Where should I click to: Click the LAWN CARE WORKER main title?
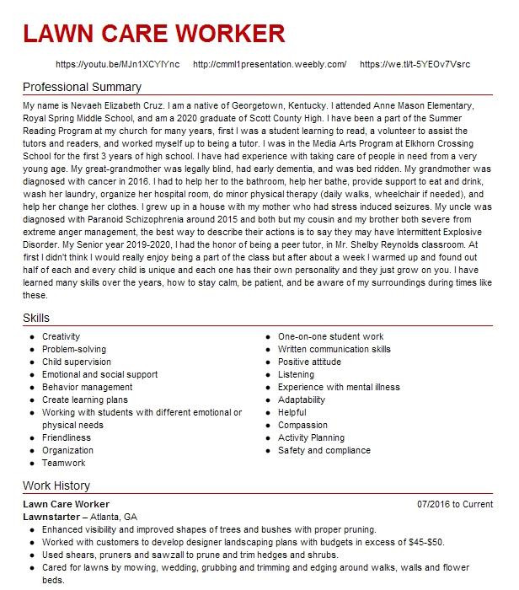coord(154,34)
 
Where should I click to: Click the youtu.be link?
coord(117,65)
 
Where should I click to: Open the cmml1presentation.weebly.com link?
coord(270,65)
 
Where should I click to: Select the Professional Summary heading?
coord(82,87)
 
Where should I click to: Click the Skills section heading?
coord(36,318)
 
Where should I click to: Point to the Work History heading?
coord(56,486)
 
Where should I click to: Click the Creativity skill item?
coord(62,337)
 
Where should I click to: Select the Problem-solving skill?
coord(74,350)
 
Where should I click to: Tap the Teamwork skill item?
coord(64,464)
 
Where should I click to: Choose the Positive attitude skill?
coord(309,362)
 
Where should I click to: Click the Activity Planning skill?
coord(311,438)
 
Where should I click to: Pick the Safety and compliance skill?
coord(324,451)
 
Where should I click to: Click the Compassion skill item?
coord(302,426)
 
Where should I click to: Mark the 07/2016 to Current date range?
coord(455,504)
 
